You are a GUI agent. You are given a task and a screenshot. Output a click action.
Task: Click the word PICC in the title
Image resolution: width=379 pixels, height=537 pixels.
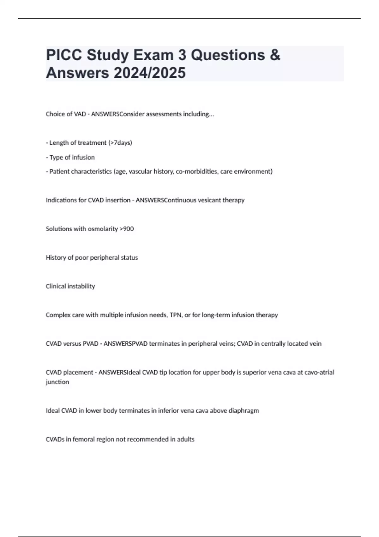pos(64,55)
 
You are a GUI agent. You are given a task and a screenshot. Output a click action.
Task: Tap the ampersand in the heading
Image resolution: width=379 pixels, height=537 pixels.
pos(275,55)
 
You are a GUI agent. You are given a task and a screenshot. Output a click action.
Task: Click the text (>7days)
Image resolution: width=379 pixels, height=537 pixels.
pos(120,143)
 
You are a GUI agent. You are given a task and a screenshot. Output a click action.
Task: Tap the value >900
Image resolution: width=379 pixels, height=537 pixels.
pos(127,229)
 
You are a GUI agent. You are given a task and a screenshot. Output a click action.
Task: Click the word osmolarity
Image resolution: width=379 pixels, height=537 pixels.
pos(103,229)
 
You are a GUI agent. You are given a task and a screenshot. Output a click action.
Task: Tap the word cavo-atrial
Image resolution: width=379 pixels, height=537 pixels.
pos(319,372)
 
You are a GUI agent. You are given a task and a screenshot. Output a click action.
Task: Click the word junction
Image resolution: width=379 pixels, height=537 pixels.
pos(57,382)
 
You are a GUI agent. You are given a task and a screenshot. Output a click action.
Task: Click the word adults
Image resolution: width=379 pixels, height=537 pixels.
pos(185,439)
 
